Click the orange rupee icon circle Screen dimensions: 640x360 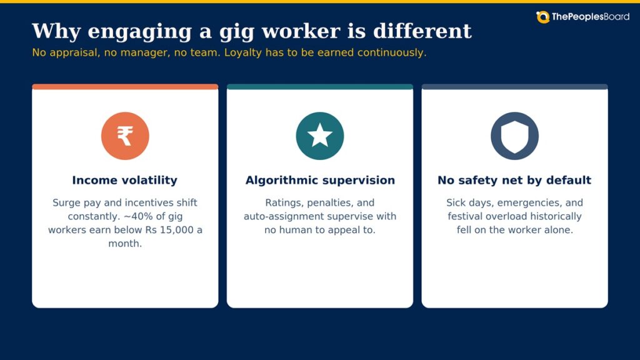pos(125,136)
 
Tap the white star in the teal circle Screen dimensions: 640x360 pos(319,136)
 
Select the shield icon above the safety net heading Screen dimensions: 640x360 pos(514,136)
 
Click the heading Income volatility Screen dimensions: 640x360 pos(125,180)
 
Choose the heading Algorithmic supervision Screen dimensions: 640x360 pos(320,180)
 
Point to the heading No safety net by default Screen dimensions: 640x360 pos(514,180)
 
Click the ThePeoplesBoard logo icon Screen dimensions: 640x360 pos(543,17)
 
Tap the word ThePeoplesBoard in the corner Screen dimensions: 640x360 pos(590,17)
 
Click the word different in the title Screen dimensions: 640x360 pos(422,31)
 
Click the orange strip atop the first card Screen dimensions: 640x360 pos(125,86)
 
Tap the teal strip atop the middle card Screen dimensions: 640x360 pos(320,86)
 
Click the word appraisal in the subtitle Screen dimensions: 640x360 pos(75,53)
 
